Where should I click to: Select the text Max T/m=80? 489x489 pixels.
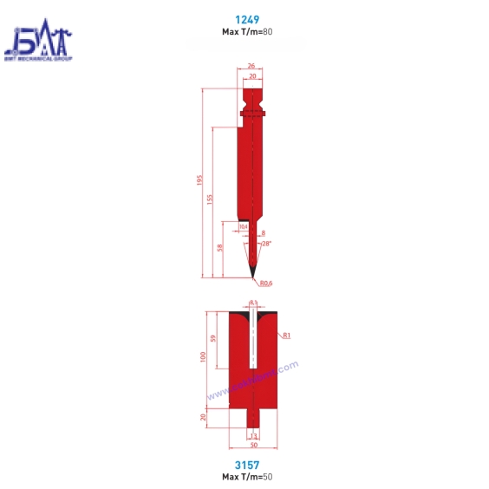pyautogui.click(x=251, y=31)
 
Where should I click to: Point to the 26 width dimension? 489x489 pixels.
pyautogui.click(x=251, y=66)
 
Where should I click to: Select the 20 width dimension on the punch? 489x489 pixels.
pyautogui.click(x=251, y=76)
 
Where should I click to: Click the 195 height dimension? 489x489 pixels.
pyautogui.click(x=199, y=180)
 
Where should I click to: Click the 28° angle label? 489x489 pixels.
pyautogui.click(x=266, y=244)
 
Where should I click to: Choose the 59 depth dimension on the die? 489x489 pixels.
pyautogui.click(x=213, y=339)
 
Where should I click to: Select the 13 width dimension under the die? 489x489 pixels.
pyautogui.click(x=252, y=434)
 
